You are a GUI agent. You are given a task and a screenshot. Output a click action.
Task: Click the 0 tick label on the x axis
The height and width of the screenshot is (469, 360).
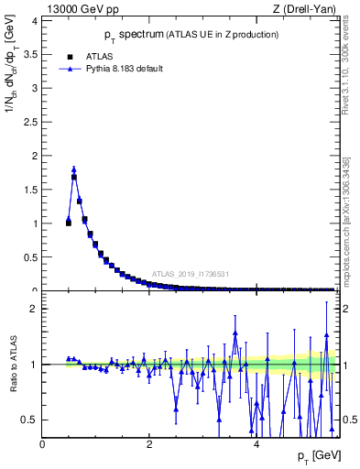pos(42,444)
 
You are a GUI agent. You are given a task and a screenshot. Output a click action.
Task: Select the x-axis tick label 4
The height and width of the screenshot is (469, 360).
pos(256,444)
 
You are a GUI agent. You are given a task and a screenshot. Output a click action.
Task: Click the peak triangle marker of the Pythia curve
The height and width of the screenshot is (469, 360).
pos(73,169)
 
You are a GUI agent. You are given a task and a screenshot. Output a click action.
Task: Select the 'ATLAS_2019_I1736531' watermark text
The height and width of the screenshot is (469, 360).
pos(190,274)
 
